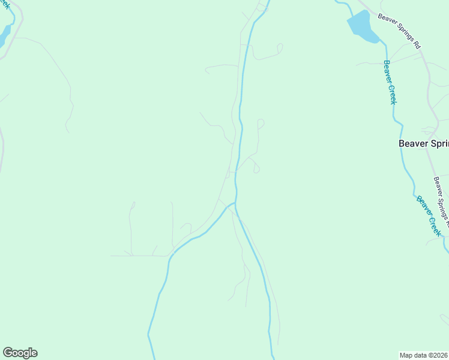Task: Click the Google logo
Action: coord(20,353)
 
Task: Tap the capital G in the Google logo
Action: coord(8,353)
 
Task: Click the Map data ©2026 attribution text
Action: coord(424,355)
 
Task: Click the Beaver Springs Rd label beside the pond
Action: coord(400,31)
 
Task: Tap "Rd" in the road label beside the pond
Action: coord(417,45)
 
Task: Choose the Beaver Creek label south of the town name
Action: coord(429,215)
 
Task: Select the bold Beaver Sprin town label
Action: coord(423,144)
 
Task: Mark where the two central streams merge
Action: coord(235,205)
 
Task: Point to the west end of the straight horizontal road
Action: coord(111,256)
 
